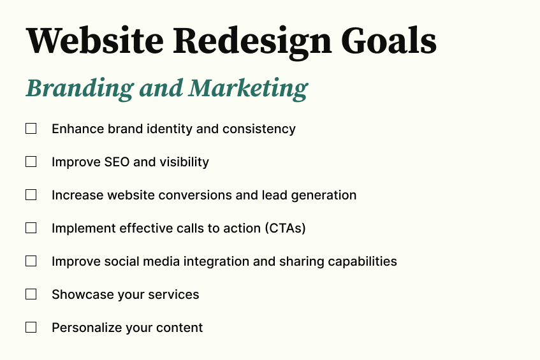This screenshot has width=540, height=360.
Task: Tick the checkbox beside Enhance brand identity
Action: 31,129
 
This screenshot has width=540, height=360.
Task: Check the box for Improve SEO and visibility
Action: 31,162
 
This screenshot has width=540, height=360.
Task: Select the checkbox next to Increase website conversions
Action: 31,195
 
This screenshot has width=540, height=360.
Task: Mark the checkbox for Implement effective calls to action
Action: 31,228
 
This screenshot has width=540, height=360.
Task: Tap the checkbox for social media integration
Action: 31,261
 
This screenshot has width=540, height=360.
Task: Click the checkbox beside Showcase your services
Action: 31,294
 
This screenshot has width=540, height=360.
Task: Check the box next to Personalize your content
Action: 31,328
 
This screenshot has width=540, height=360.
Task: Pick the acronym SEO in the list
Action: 117,162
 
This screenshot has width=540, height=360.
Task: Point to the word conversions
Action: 197,195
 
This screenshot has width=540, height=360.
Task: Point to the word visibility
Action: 184,162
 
